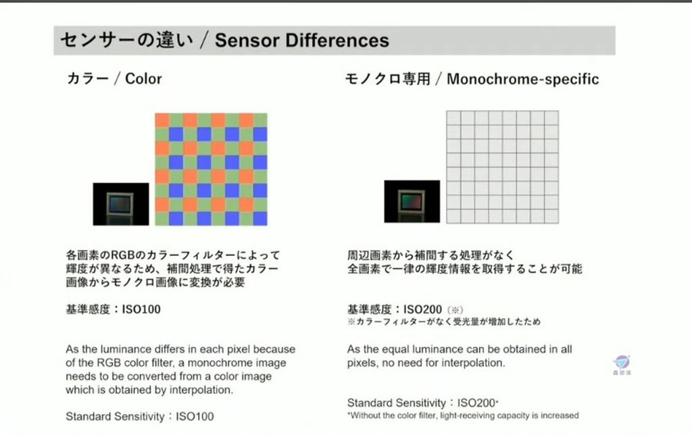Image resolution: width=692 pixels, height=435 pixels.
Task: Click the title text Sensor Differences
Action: click(302, 40)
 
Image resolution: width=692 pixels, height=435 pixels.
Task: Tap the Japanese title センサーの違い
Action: click(126, 40)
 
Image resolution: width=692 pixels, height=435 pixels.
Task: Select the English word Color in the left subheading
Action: click(143, 78)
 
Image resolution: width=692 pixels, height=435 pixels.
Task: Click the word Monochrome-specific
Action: click(523, 79)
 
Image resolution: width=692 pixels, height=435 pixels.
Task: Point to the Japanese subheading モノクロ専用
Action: click(387, 79)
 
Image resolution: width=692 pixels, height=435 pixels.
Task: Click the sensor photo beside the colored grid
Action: click(121, 204)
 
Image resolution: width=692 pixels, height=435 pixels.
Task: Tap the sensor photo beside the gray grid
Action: click(412, 201)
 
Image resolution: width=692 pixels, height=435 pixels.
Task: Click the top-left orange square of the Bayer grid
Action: click(162, 120)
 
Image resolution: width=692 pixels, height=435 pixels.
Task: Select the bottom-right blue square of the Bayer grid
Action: click(260, 218)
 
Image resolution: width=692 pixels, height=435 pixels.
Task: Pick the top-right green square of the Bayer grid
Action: click(260, 120)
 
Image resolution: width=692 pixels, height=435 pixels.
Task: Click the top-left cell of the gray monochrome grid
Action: click(453, 118)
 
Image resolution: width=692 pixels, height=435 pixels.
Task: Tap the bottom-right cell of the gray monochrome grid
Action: click(551, 216)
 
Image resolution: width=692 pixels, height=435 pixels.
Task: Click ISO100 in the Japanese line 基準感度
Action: click(141, 309)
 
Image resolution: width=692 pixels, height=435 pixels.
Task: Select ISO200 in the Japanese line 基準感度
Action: click(423, 309)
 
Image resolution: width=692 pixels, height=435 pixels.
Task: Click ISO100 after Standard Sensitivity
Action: click(195, 417)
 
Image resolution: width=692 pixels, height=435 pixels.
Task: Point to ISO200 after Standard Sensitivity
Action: click(476, 403)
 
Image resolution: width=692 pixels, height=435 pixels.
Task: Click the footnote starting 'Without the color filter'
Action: click(463, 415)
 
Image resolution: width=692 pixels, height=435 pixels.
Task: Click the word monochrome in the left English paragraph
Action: click(237, 363)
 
